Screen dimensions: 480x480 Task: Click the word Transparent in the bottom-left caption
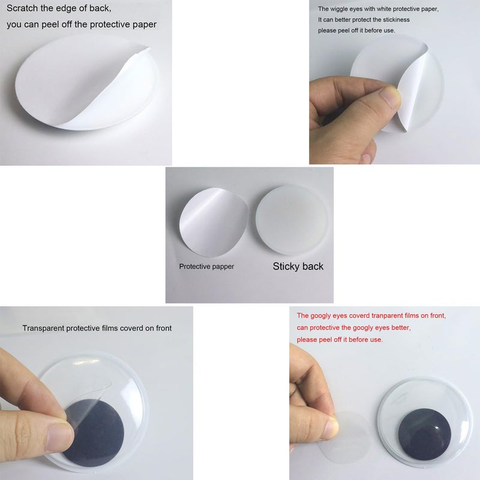(43, 328)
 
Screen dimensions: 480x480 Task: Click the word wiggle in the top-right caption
(338, 9)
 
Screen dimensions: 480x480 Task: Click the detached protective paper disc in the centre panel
(213, 222)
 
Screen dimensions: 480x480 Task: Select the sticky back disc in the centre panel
(292, 220)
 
